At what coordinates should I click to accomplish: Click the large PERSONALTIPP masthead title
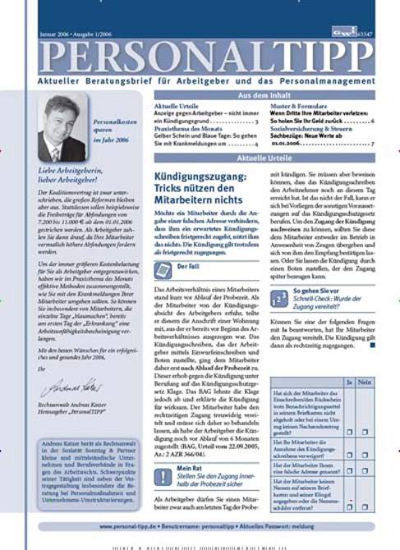coord(200,56)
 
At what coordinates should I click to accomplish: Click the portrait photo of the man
coord(63,130)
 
